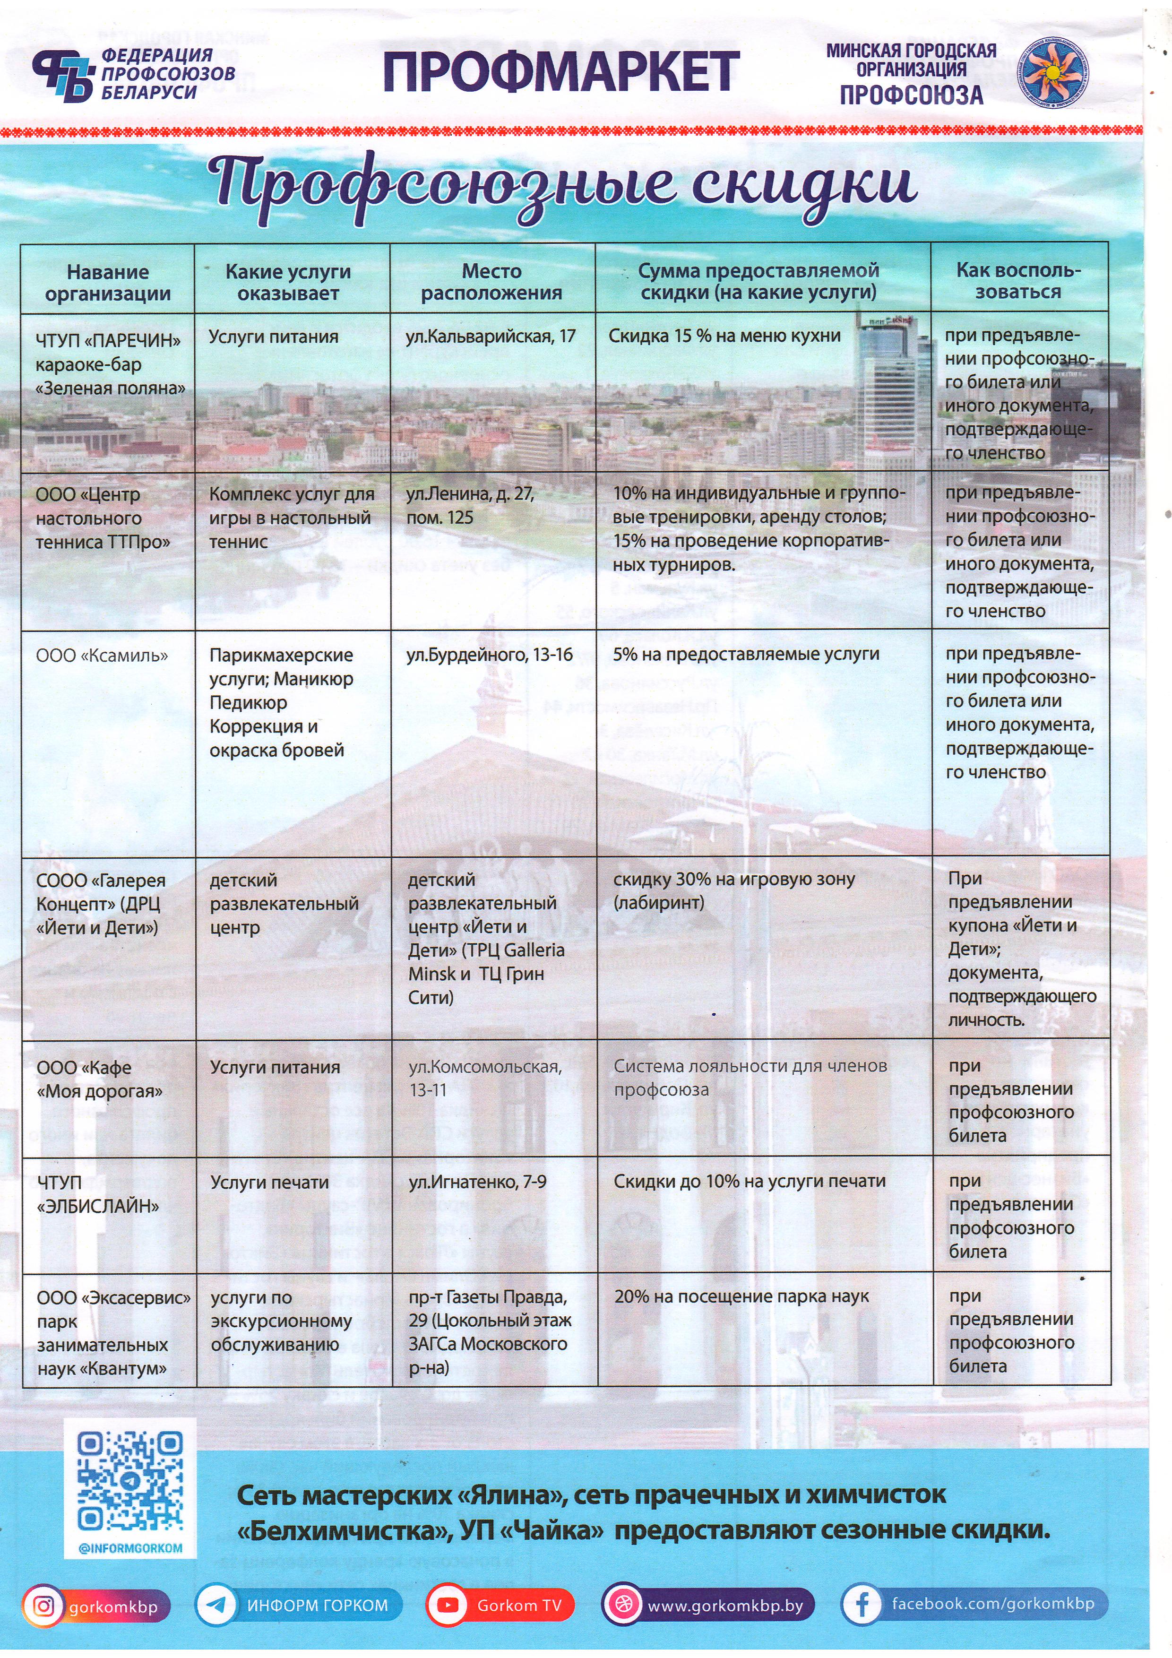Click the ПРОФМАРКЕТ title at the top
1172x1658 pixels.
click(560, 73)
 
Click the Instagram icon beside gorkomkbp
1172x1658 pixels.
click(44, 1605)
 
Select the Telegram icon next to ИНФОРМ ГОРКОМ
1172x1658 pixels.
click(216, 1605)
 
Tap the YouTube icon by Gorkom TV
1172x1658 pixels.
click(448, 1605)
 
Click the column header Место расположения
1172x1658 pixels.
click(492, 282)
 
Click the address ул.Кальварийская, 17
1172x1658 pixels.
click(491, 336)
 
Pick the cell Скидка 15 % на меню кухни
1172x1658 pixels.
click(724, 336)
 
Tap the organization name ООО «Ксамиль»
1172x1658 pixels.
click(102, 656)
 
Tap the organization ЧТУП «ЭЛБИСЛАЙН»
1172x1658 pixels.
click(97, 1194)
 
